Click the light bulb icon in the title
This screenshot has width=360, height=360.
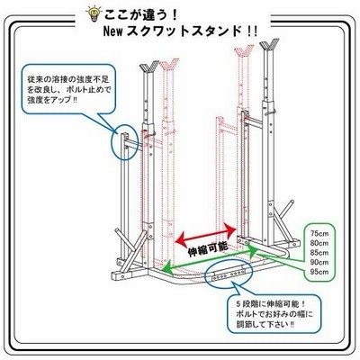coord(93,13)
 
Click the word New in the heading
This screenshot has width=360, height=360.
coord(113,31)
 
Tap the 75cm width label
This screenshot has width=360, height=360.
coord(319,234)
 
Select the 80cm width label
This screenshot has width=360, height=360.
coord(319,243)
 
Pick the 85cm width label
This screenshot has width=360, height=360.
coord(319,253)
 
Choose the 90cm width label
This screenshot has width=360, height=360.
coord(319,263)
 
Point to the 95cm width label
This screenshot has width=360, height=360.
coord(319,272)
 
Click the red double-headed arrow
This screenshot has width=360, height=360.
coord(205,234)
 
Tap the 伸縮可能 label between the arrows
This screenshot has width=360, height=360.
coord(208,249)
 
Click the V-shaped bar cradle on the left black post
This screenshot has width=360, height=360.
coord(149,67)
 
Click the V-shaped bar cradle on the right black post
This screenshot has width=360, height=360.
coord(269,44)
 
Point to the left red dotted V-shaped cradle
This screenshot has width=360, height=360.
coord(169,65)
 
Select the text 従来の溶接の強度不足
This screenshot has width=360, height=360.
coord(68,80)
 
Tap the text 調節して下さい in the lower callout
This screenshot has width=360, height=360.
coord(259,324)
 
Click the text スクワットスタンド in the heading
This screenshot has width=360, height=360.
coord(184,31)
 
